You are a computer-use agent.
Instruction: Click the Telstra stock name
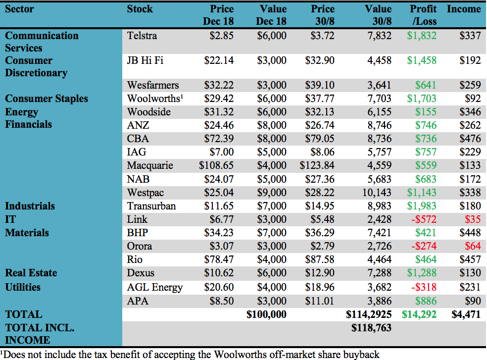[x=142, y=36]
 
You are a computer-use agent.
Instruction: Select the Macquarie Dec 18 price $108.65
[x=216, y=165]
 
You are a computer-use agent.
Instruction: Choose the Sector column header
[x=20, y=9]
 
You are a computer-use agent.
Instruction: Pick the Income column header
[x=464, y=9]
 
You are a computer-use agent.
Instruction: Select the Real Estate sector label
[x=31, y=273]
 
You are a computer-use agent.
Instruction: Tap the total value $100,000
[x=266, y=314]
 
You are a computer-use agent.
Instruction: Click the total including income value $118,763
[x=371, y=327]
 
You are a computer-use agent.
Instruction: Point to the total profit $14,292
[x=420, y=314]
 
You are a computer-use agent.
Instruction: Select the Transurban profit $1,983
[x=422, y=206]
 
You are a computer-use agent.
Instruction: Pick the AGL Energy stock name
[x=155, y=287]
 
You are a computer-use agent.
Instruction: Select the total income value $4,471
[x=466, y=314]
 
